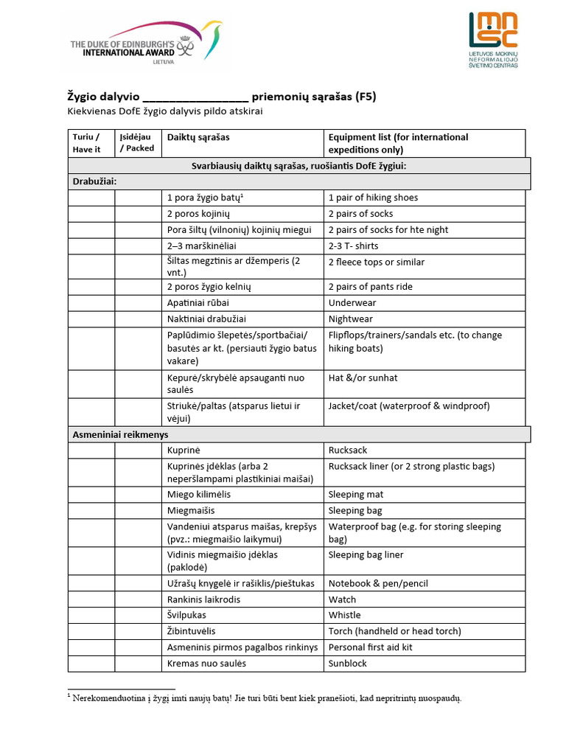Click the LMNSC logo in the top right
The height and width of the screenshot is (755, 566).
click(x=493, y=41)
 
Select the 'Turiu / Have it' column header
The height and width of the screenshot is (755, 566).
click(x=91, y=143)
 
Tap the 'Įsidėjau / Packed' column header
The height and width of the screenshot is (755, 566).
click(x=138, y=143)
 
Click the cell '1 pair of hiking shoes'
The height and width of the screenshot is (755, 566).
click(x=373, y=198)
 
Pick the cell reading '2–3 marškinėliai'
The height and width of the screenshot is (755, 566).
click(x=201, y=246)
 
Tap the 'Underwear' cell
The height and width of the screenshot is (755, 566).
click(x=352, y=303)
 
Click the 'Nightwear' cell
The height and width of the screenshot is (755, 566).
click(x=351, y=319)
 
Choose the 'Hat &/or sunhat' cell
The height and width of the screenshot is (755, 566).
click(x=363, y=377)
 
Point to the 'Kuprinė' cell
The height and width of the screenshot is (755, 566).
click(x=184, y=450)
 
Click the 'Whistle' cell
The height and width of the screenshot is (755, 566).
click(x=345, y=615)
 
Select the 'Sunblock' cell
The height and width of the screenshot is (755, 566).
click(x=348, y=664)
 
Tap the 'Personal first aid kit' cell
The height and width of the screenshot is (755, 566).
click(x=371, y=647)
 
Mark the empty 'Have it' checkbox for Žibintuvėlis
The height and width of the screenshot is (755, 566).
click(x=91, y=631)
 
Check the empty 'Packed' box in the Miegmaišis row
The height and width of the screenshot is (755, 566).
click(x=138, y=510)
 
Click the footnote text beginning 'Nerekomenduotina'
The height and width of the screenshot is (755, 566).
click(x=265, y=698)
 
